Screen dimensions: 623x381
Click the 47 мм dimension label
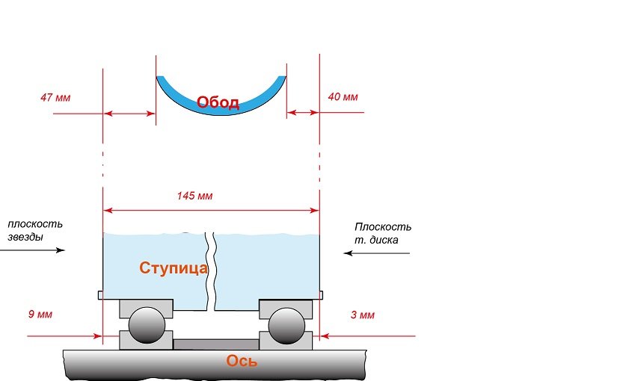tap(55, 97)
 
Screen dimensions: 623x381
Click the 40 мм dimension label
tap(343, 96)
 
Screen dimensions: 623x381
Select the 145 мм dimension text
tap(194, 196)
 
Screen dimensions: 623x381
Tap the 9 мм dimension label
tap(40, 314)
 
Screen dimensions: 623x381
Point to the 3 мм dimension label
tap(362, 315)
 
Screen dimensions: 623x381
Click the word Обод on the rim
tap(218, 102)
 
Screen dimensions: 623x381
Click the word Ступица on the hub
tap(174, 268)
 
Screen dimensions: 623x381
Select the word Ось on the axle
tap(242, 361)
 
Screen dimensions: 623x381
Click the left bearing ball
tap(147, 325)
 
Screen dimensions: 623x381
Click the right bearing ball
tap(286, 325)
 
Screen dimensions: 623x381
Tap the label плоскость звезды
tap(35, 230)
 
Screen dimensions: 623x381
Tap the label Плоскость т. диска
tap(383, 233)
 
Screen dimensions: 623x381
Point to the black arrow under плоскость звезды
tap(33, 250)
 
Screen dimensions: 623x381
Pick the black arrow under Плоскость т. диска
tap(377, 253)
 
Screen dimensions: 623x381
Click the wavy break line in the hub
tap(211, 271)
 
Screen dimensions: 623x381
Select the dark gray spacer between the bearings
tap(216, 344)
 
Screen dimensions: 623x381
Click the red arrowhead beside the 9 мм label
tap(97, 336)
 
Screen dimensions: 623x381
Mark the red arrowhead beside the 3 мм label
tap(325, 336)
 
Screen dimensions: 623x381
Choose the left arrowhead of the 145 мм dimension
tap(108, 211)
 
